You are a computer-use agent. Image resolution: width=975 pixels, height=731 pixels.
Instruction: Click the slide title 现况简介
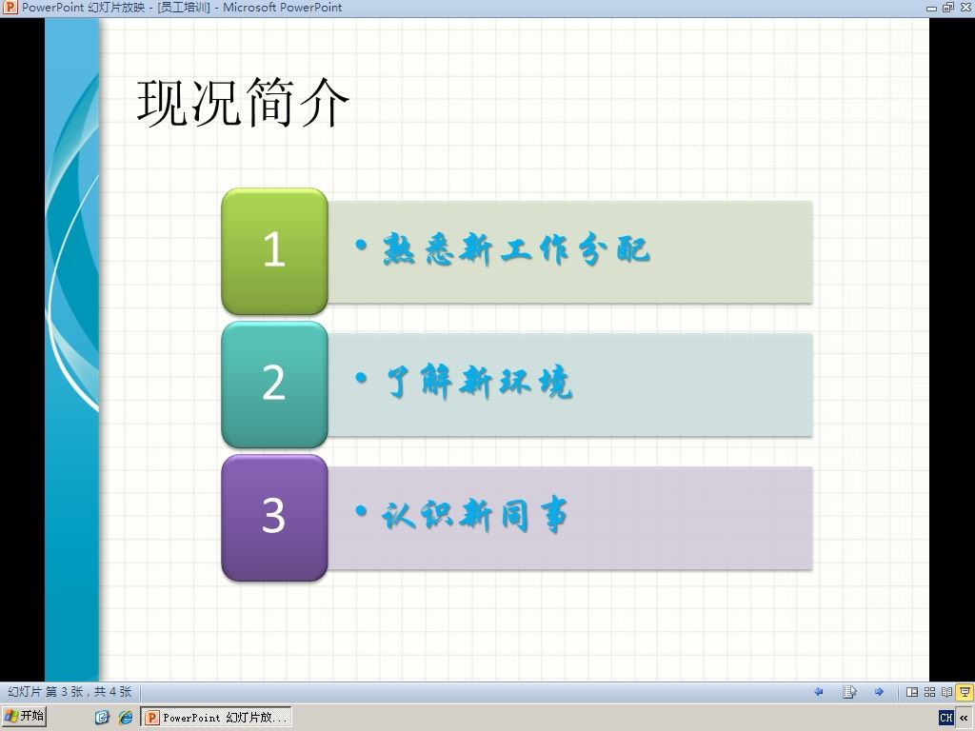point(243,102)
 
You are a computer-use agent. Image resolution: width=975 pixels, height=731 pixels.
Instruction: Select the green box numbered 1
point(274,251)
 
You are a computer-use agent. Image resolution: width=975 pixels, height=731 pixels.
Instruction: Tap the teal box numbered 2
point(274,385)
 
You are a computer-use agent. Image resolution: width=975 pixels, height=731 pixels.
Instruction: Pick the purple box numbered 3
point(274,517)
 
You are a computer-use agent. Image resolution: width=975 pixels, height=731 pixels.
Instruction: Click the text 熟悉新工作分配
point(516,250)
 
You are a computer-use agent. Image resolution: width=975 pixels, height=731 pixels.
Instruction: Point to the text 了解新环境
point(478,381)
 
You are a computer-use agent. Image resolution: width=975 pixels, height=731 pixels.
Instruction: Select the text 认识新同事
point(475,515)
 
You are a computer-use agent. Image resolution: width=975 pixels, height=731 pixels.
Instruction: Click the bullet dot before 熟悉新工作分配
point(361,245)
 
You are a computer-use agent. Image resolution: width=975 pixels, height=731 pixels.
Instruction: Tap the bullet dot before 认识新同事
point(361,511)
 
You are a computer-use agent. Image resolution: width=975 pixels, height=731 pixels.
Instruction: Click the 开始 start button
point(24,717)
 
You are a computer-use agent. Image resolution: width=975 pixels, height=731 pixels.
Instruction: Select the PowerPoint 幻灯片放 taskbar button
point(216,718)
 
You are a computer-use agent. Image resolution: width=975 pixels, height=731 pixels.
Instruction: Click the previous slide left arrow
point(818,692)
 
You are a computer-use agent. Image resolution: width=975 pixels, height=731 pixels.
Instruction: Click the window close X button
point(965,8)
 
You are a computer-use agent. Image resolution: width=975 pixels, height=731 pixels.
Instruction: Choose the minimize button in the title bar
point(931,8)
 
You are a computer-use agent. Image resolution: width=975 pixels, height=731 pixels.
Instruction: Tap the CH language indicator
point(946,718)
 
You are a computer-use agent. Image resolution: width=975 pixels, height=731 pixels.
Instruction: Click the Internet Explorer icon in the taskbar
point(126,718)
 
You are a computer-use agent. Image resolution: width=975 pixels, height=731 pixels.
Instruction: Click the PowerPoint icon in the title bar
point(10,8)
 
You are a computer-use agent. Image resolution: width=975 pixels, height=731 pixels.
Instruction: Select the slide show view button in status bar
point(965,692)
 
